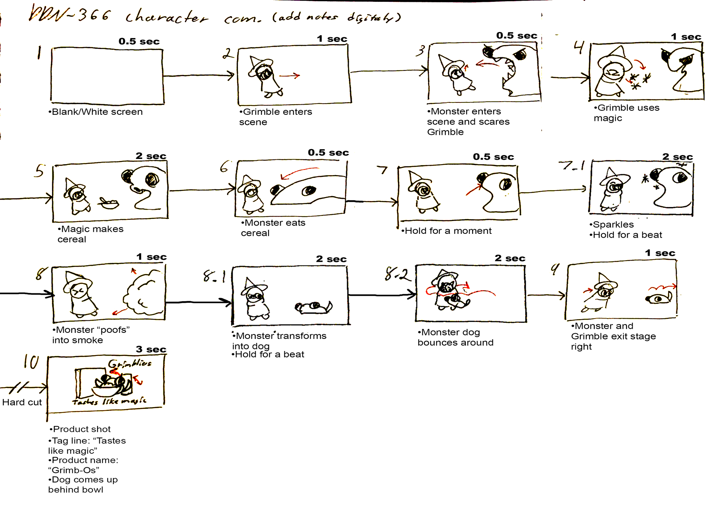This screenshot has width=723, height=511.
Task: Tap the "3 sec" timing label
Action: [151, 349]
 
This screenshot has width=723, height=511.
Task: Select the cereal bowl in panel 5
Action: [108, 204]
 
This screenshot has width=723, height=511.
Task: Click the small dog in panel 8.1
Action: [313, 307]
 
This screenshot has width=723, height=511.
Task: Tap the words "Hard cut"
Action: [22, 402]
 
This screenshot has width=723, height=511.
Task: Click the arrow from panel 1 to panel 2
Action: [199, 76]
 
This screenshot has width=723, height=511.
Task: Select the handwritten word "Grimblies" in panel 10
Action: [130, 364]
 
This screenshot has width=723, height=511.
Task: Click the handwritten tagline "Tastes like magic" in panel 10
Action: [109, 401]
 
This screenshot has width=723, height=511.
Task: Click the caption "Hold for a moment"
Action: [447, 231]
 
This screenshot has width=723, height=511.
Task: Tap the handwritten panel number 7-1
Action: [571, 165]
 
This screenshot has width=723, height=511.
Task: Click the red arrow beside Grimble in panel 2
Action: [290, 76]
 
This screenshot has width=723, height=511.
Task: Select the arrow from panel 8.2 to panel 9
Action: [546, 295]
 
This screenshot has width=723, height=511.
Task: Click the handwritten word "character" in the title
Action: [166, 17]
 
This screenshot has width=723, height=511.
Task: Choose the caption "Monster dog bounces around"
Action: [455, 337]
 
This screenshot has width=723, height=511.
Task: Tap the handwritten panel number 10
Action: [31, 362]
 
